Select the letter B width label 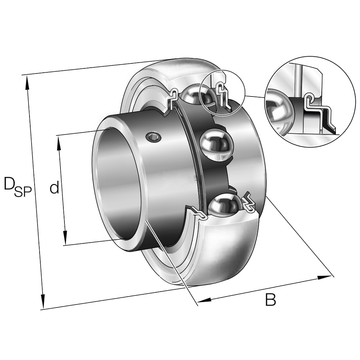click(270, 300)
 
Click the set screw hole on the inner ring click(153, 137)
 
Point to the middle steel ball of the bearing click(217, 145)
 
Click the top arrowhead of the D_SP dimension click(27, 83)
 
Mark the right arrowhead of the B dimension click(324, 277)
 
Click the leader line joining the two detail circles click(255, 96)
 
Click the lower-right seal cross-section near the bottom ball click(248, 201)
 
